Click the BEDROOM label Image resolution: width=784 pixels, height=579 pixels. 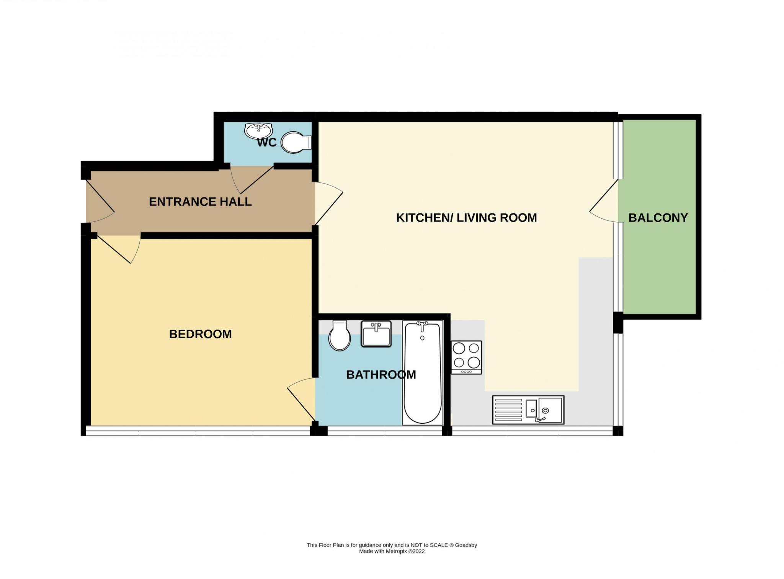click(x=200, y=334)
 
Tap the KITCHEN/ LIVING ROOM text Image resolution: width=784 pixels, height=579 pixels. click(x=466, y=218)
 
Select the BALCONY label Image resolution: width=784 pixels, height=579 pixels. click(x=658, y=218)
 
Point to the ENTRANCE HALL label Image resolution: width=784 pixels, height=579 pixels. click(x=200, y=202)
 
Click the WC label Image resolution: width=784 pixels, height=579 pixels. click(x=267, y=143)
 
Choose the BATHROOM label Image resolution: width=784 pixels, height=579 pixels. click(x=381, y=374)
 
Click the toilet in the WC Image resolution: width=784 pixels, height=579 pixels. click(x=296, y=143)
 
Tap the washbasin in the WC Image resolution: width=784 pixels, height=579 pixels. click(x=258, y=131)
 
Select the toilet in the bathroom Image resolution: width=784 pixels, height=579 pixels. click(x=340, y=335)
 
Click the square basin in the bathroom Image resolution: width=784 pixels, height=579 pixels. click(x=376, y=333)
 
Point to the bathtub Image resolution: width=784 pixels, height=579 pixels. click(x=423, y=372)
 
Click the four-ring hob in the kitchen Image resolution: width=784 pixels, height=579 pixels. click(x=466, y=357)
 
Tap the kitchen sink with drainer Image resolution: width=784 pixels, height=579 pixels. click(x=528, y=410)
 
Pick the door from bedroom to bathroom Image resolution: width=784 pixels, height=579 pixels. click(x=301, y=398)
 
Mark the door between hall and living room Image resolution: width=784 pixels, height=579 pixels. click(x=328, y=203)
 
